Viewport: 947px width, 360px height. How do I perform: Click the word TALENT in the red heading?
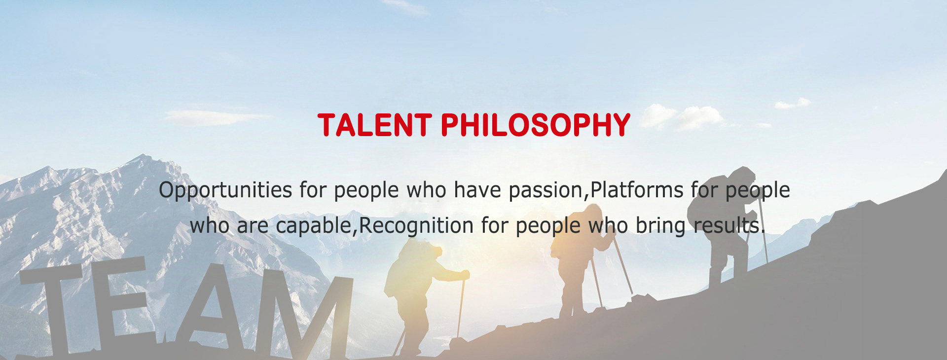tap(375, 125)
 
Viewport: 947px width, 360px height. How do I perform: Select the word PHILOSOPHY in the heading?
tap(536, 125)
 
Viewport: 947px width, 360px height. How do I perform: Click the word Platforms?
tap(637, 190)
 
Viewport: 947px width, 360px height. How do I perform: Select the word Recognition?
tap(416, 226)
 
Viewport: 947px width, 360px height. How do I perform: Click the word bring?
tap(660, 226)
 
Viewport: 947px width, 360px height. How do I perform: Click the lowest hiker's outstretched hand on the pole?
tap(464, 274)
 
